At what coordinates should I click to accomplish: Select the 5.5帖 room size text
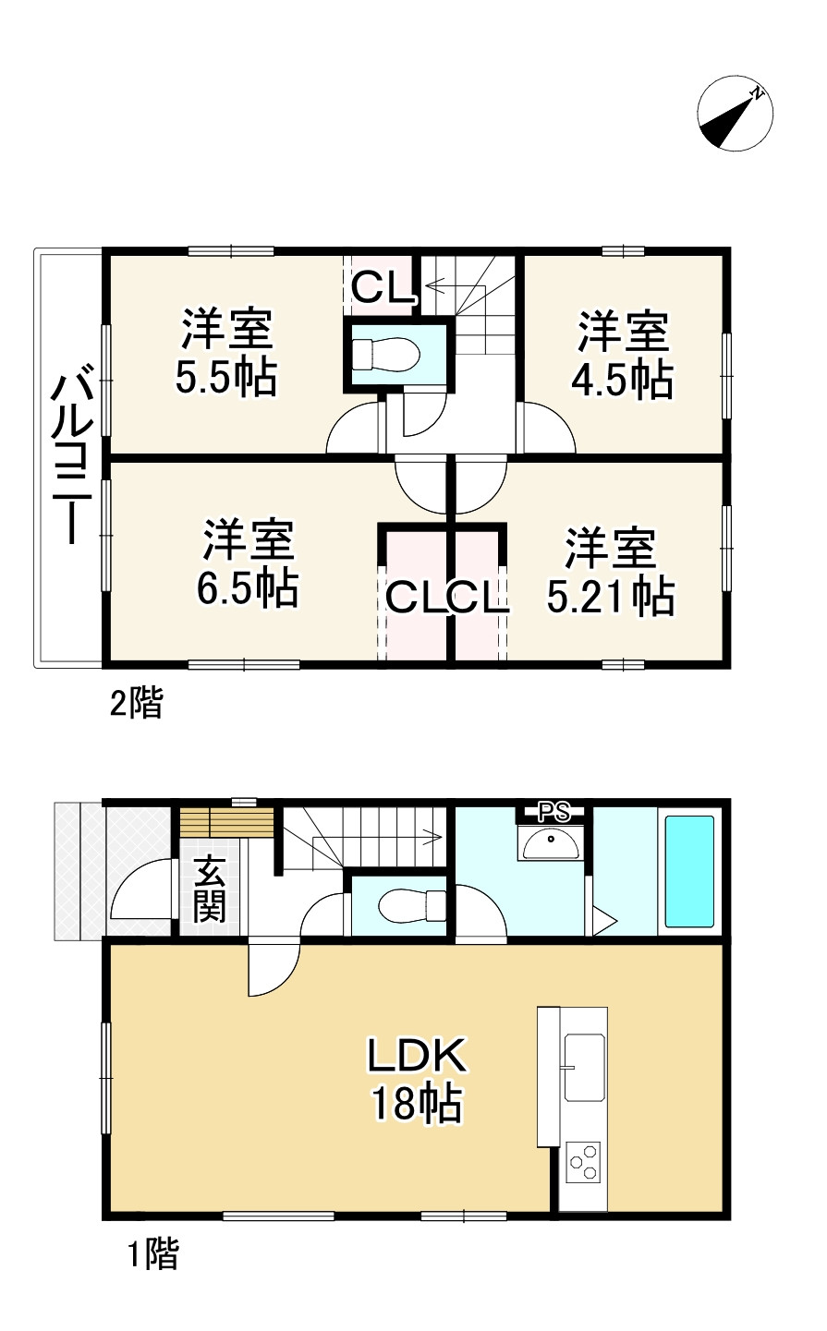click(x=225, y=377)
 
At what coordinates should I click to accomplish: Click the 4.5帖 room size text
click(x=625, y=380)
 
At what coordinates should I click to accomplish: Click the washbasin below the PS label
click(x=551, y=842)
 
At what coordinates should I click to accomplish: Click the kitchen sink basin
click(x=584, y=1067)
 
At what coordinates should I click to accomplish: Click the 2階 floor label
click(x=136, y=705)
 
